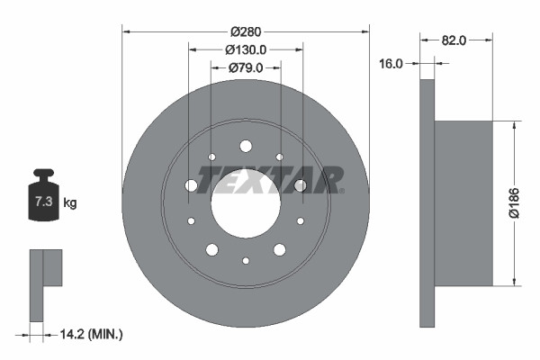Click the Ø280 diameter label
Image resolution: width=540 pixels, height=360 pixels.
point(245,31)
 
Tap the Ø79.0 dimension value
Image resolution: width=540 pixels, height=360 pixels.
point(245,67)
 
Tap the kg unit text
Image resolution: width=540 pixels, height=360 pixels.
point(70,203)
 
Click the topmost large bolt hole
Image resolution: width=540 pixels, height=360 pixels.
point(246,145)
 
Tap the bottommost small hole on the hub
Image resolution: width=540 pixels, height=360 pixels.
point(246,260)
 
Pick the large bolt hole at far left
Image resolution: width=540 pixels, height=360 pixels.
point(191,184)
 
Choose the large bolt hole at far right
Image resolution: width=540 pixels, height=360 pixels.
point(301,184)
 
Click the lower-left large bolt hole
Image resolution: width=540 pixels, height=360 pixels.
point(211,249)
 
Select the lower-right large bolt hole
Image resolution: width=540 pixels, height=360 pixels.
point(280,249)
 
